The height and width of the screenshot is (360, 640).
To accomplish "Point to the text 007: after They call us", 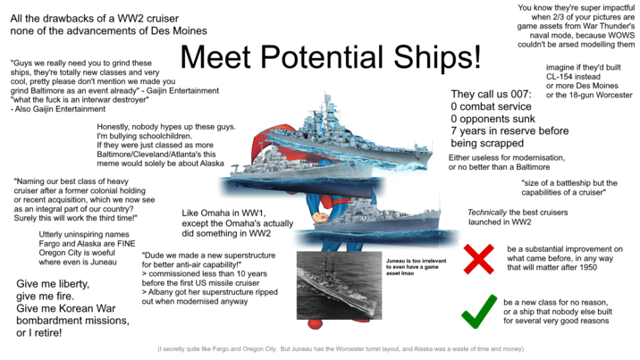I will (x=518, y=95).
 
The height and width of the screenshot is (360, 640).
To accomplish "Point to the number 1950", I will (x=594, y=266).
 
